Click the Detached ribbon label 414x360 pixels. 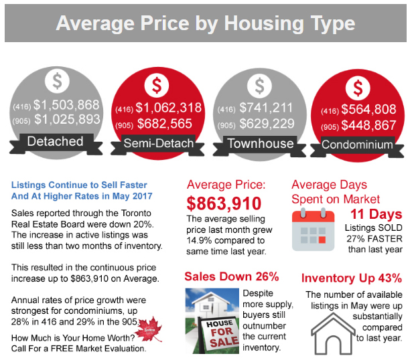coord(55,141)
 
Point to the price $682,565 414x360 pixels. coord(163,124)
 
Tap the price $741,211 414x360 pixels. coord(266,107)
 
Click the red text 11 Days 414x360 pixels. coord(376,215)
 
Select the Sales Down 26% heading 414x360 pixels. coord(232,276)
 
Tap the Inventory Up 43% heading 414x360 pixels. coord(352,278)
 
